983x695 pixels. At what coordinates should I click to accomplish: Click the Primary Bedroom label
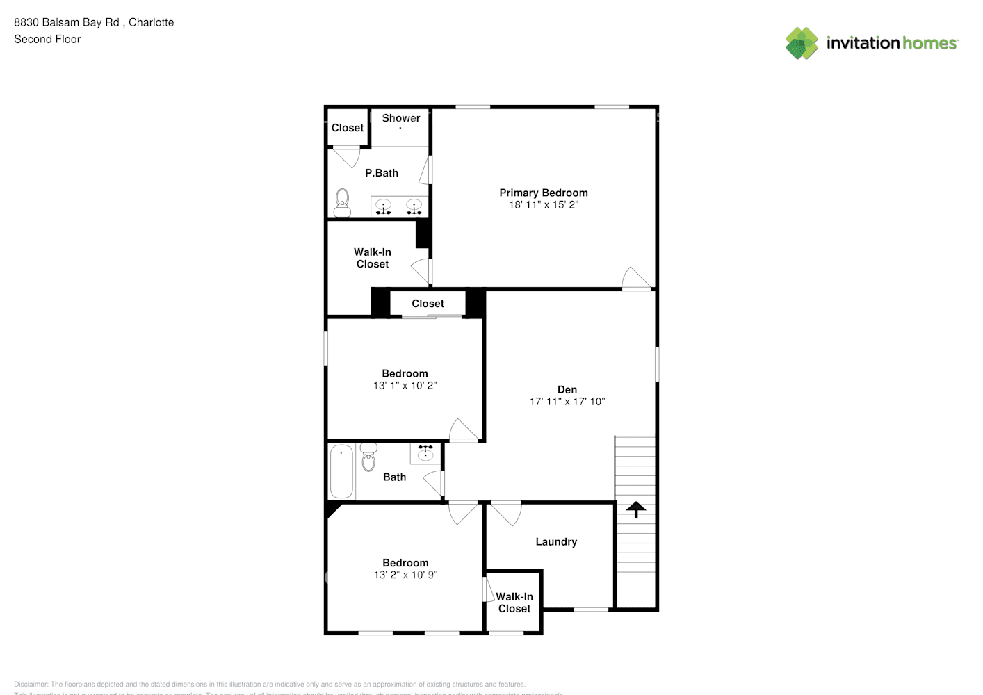point(543,193)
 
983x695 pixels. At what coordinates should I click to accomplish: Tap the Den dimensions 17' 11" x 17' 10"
point(567,401)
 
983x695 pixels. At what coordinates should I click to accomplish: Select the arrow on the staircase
point(635,510)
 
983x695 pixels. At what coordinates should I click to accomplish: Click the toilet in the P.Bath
point(343,203)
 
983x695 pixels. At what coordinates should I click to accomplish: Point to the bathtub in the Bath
point(341,471)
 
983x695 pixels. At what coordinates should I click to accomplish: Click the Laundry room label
point(556,541)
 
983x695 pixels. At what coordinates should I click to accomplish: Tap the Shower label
point(401,118)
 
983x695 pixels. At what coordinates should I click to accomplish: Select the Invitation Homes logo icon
point(802,43)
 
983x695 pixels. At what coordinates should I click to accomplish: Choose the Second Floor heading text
point(47,39)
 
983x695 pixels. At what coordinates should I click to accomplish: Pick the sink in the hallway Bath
point(425,454)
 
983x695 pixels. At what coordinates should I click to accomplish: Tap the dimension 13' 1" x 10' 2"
point(405,385)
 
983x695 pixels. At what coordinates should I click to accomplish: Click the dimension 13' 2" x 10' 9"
point(405,575)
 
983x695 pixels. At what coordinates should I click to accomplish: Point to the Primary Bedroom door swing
point(635,279)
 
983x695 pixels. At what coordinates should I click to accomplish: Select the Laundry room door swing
point(505,512)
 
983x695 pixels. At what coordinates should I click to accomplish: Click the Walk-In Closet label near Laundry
point(514,603)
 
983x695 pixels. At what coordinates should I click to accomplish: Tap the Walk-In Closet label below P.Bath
point(373,258)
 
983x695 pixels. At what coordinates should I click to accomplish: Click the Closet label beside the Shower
point(347,128)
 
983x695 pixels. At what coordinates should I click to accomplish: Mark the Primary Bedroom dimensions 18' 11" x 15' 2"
point(543,204)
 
